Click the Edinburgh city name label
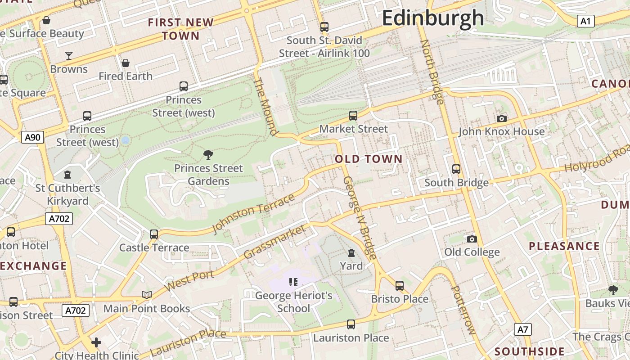[433, 18]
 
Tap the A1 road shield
[585, 21]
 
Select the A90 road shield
[33, 137]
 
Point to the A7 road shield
[522, 329]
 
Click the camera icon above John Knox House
[502, 118]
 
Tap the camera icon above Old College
[472, 239]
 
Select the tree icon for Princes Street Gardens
[208, 155]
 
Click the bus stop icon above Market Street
[353, 116]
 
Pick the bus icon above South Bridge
[456, 169]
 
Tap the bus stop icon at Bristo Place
[400, 286]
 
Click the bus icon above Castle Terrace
[154, 234]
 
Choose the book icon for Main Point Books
[147, 295]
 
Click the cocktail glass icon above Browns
[69, 56]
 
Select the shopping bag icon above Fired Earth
[126, 63]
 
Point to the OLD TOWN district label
[369, 159]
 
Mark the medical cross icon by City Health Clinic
[96, 343]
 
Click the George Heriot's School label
[293, 302]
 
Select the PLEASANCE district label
[564, 246]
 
